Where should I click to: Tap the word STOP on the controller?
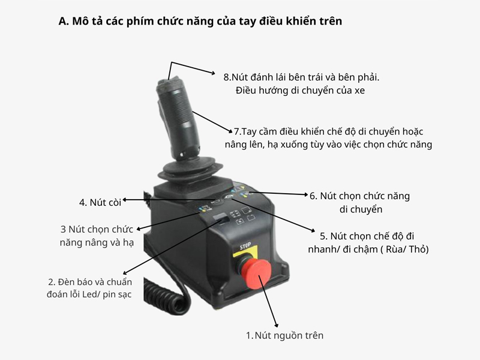coord(245,246)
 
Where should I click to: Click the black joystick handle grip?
coord(177,117)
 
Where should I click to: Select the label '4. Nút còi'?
coord(100,202)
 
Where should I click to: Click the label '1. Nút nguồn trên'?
coord(284,335)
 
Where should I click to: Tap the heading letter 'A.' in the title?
coord(64,21)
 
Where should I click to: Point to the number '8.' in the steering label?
coord(227,77)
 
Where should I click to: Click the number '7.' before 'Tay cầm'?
coord(238,131)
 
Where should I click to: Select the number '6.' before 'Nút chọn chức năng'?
coord(313,196)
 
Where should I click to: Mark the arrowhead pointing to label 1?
coord(276,325)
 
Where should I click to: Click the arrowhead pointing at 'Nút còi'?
coord(125,200)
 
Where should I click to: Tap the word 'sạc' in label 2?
coord(125,295)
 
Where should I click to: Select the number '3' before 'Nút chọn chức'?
coord(63,229)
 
